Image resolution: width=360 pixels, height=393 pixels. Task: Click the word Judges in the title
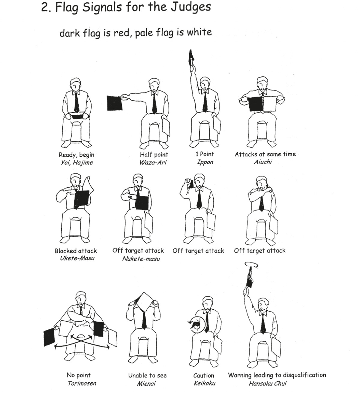pos(191,7)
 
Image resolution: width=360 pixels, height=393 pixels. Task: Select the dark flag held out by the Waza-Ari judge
pos(115,103)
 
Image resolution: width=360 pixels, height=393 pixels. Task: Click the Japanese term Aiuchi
pos(263,162)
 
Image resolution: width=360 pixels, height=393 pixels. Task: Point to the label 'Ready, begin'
pos(76,155)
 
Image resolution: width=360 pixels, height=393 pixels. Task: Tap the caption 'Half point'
pos(154,155)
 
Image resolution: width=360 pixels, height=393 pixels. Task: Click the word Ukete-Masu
pos(77,258)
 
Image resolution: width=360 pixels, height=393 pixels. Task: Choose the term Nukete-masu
pos(141,259)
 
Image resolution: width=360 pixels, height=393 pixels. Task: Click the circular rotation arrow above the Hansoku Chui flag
pos(251,265)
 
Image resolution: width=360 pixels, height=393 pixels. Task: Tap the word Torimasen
pos(82,383)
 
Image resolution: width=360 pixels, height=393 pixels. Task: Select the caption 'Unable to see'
pos(147,375)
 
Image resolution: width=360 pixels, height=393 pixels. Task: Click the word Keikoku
pos(204,383)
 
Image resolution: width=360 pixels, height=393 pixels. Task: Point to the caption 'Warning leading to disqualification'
pos(277,375)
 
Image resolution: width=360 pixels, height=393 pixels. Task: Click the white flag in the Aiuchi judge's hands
pos(270,104)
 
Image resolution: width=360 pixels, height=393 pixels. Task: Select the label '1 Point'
pos(205,154)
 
